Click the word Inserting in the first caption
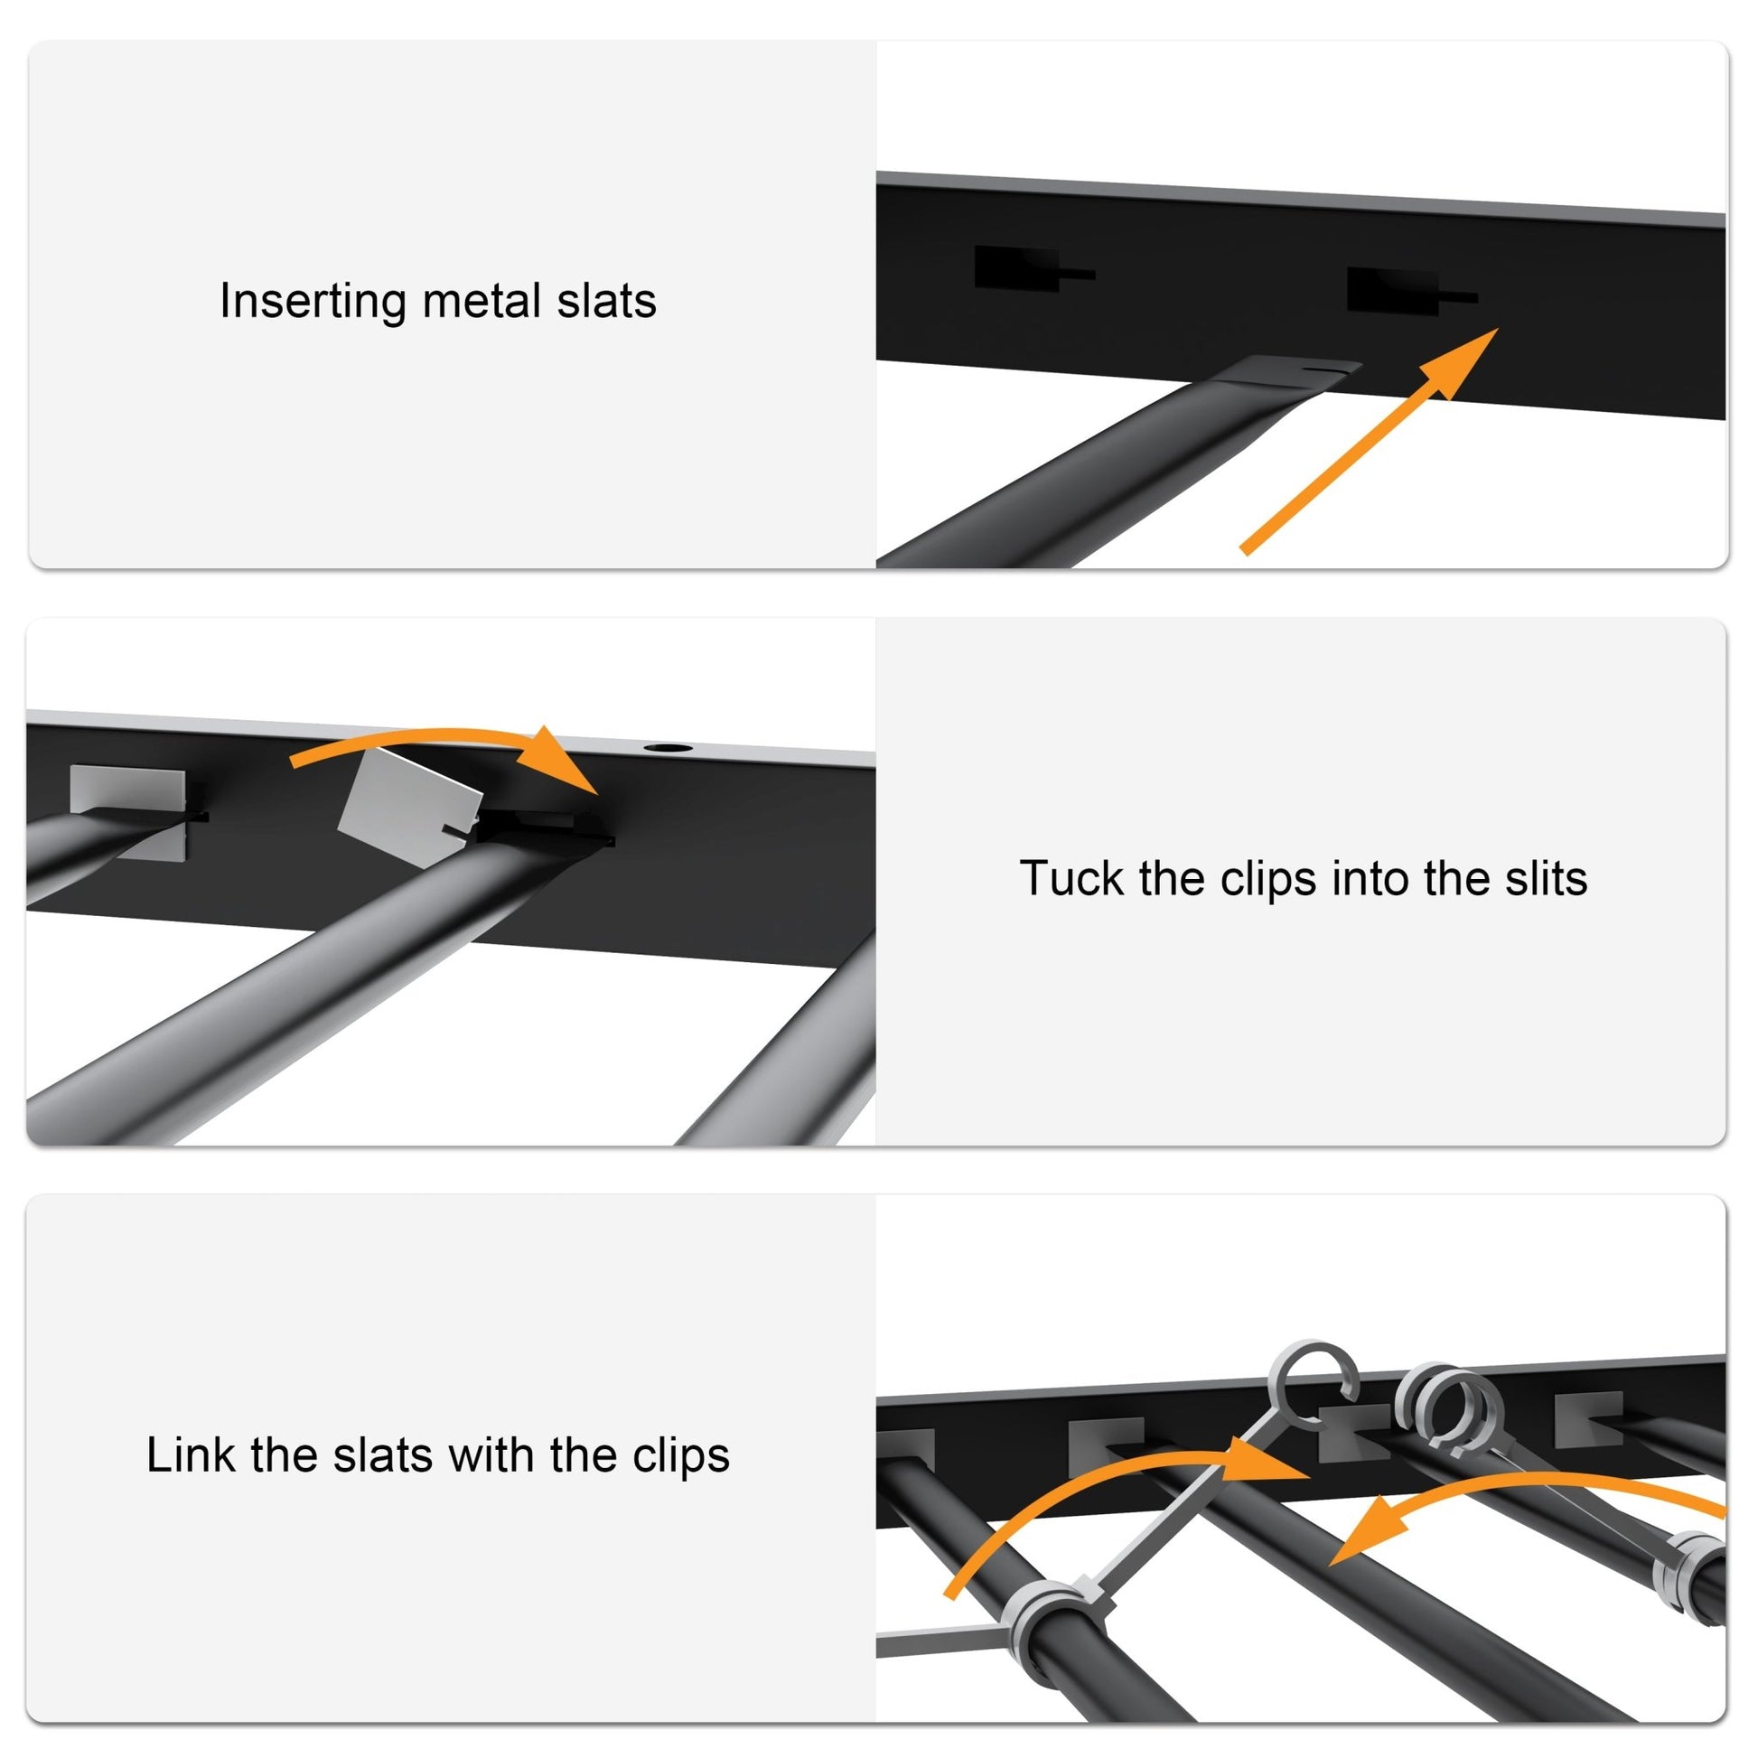coord(312,301)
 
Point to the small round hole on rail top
coord(667,748)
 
